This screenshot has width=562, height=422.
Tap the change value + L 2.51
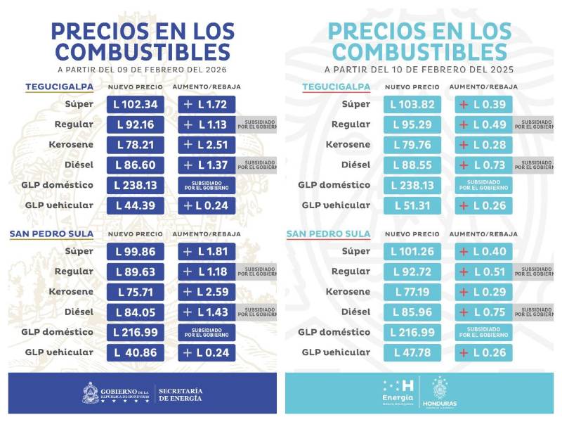point(207,145)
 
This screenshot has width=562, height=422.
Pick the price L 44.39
point(136,205)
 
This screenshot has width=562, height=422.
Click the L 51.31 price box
point(413,205)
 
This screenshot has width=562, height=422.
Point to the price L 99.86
point(136,251)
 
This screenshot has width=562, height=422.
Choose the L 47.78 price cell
point(413,352)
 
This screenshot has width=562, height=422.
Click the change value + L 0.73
point(483,165)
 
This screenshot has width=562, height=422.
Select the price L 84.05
point(136,312)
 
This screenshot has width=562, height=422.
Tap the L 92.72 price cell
point(413,271)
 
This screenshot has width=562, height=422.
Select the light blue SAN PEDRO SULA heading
point(328,234)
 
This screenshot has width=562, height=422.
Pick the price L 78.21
point(136,145)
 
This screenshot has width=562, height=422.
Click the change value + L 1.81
point(207,251)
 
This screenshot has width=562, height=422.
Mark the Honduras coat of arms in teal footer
point(439,388)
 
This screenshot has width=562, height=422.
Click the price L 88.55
point(413,165)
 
